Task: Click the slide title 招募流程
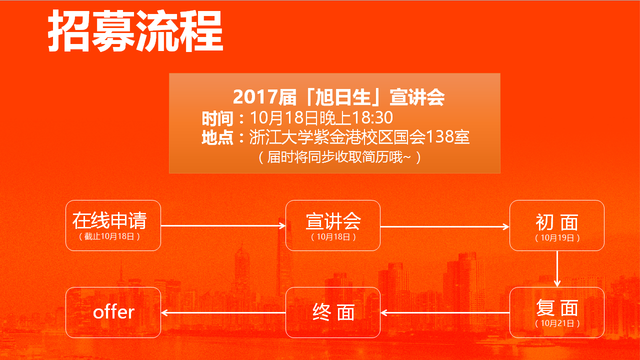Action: point(135,30)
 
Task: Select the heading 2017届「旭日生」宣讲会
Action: point(339,97)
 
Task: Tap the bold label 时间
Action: point(217,118)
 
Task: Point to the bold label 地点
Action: point(217,137)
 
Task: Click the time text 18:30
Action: point(372,117)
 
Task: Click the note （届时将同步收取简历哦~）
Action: point(339,157)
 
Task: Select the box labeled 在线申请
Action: point(113,225)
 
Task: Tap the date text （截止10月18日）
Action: point(109,236)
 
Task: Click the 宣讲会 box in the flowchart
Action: point(333,225)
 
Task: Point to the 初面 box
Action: point(557,225)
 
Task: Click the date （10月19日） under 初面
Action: point(557,238)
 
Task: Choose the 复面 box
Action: point(557,312)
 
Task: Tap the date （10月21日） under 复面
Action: point(557,323)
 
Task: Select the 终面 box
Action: point(333,312)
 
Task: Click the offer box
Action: point(113,312)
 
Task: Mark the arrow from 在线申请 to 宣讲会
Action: point(223,225)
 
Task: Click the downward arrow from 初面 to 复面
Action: point(557,269)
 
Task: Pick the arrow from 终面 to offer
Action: point(223,313)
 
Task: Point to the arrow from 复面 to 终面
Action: point(445,313)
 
